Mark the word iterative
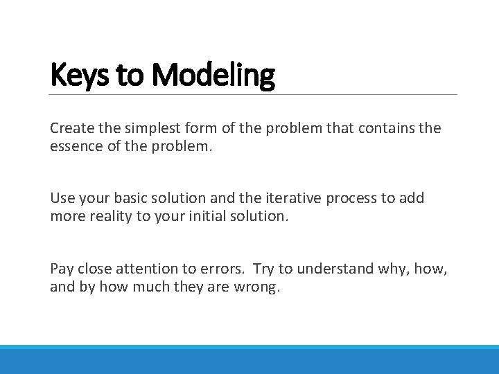tap(283, 198)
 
